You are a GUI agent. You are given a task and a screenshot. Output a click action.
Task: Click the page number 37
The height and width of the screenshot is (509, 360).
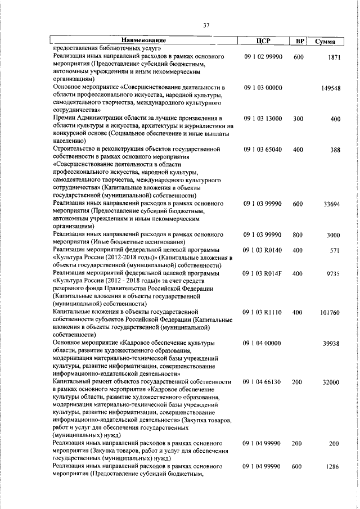click(206, 25)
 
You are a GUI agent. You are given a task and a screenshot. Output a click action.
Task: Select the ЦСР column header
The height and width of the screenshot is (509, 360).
click(263, 41)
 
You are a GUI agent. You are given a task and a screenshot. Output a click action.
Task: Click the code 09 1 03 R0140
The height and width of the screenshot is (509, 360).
click(263, 249)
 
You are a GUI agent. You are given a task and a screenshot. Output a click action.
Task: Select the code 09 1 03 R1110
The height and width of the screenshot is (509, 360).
click(263, 311)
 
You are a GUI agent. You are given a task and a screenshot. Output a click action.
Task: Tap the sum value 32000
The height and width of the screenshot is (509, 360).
click(331, 382)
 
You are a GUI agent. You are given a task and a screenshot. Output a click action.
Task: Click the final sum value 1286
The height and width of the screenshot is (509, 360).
click(332, 467)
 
